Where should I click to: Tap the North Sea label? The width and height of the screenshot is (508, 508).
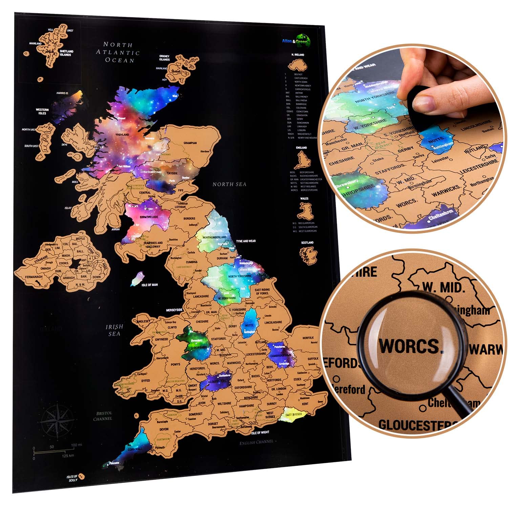coord(229,184)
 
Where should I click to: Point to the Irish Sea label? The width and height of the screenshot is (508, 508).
coord(114,330)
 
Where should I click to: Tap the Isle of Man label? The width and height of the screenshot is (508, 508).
coord(149,285)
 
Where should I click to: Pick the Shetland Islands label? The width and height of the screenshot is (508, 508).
coord(66,53)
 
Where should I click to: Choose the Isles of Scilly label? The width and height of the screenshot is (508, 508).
coord(72,478)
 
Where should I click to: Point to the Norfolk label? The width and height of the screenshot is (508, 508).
coord(308,338)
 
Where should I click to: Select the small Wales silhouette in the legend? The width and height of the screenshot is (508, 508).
coord(304,211)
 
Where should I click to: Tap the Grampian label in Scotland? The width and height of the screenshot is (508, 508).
coord(190,143)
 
